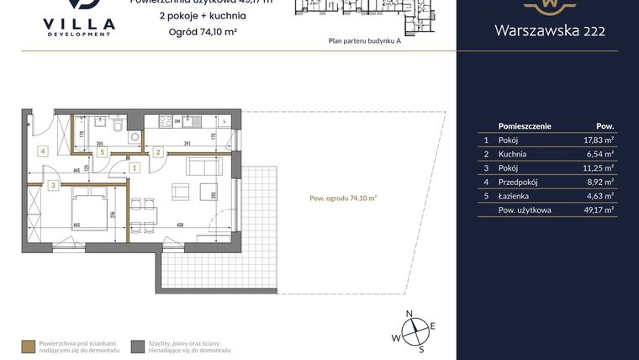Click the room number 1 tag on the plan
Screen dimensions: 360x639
(x=135, y=167)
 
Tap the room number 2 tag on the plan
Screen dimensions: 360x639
(x=158, y=152)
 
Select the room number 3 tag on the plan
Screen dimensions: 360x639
(x=52, y=185)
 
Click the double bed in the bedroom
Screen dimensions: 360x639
(x=90, y=209)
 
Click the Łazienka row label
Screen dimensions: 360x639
(x=514, y=195)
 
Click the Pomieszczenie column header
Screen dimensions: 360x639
(x=525, y=125)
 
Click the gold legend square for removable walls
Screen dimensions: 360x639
(x=28, y=345)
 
